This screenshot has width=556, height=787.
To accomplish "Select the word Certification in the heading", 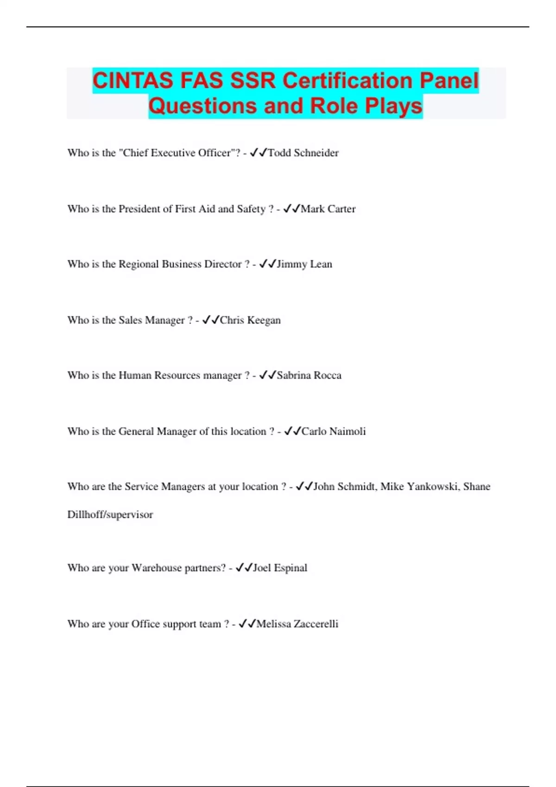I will [347, 81].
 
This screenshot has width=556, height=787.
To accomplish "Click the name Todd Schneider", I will [303, 153].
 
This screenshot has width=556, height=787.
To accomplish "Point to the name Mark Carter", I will [328, 209].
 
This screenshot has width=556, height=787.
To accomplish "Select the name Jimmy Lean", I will [304, 264].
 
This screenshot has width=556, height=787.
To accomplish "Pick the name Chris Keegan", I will [250, 320].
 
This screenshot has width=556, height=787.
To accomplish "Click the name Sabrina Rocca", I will [309, 375].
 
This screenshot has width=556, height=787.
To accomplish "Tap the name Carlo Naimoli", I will [334, 431].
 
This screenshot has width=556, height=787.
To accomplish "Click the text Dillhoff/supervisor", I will [110, 514].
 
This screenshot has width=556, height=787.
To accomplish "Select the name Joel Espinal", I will [280, 568].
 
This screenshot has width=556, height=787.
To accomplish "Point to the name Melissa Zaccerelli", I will [297, 624].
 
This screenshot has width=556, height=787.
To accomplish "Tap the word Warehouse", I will [156, 568].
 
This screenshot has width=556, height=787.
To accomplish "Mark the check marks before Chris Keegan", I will [211, 319].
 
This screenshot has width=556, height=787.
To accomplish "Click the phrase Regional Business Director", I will [180, 264].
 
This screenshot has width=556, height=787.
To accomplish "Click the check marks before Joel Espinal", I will [244, 567].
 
